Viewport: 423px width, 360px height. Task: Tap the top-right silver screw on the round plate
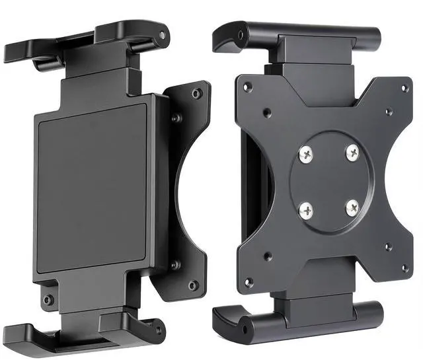352,152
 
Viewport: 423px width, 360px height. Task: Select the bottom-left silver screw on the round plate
307,211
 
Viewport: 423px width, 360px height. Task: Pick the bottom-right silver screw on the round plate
352,207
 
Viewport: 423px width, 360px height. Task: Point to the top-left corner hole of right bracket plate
248,87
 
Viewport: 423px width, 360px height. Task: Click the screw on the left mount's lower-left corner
48,301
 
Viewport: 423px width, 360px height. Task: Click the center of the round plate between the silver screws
328,181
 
